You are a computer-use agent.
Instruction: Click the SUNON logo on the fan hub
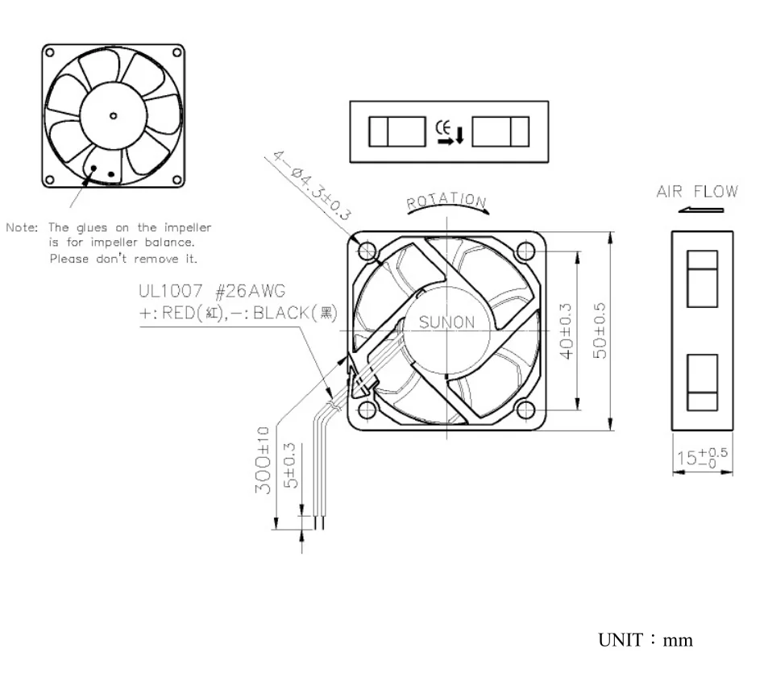(x=447, y=322)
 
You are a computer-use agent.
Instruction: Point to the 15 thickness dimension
(x=701, y=457)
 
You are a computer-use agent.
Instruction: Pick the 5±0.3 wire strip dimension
(x=290, y=464)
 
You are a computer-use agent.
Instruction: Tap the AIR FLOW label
(x=698, y=192)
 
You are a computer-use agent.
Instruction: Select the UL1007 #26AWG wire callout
(x=212, y=290)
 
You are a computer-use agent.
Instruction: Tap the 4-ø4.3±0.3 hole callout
(x=309, y=188)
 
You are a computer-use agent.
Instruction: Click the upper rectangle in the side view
(x=702, y=278)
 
